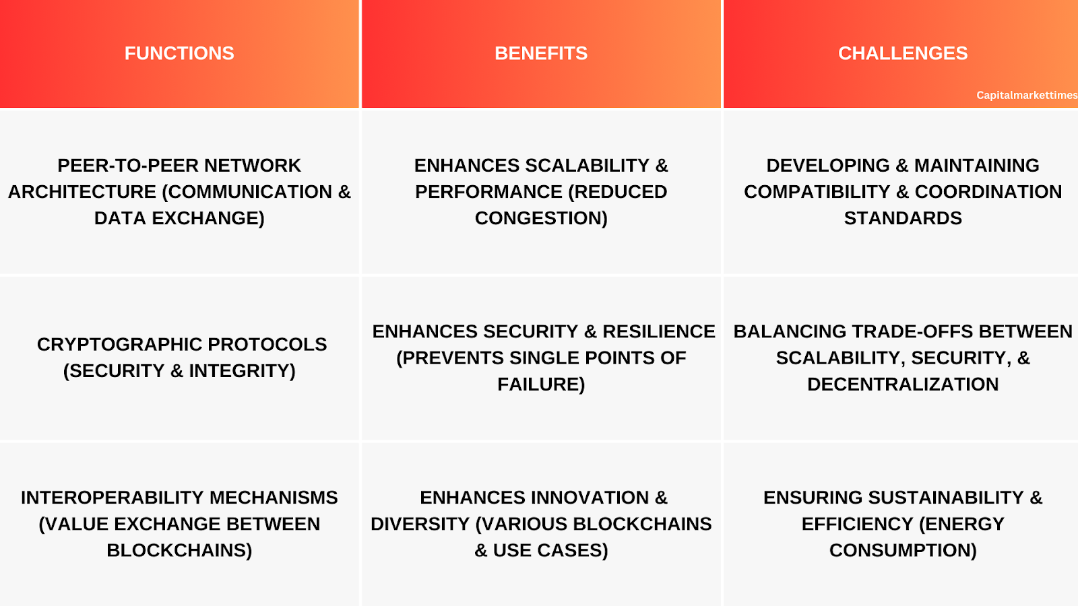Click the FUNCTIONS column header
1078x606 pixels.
pos(179,53)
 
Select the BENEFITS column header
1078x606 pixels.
pos(541,53)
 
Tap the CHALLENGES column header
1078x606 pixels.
pos(903,53)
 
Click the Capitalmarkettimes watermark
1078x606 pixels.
pos(1027,95)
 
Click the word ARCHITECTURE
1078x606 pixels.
pos(82,192)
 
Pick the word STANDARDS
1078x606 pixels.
pos(903,218)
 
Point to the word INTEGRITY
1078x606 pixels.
pos(242,371)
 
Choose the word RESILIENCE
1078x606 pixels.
pos(659,331)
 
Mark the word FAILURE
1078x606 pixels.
pos(541,384)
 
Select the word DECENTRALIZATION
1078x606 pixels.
pos(903,384)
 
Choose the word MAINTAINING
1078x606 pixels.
pos(976,166)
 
